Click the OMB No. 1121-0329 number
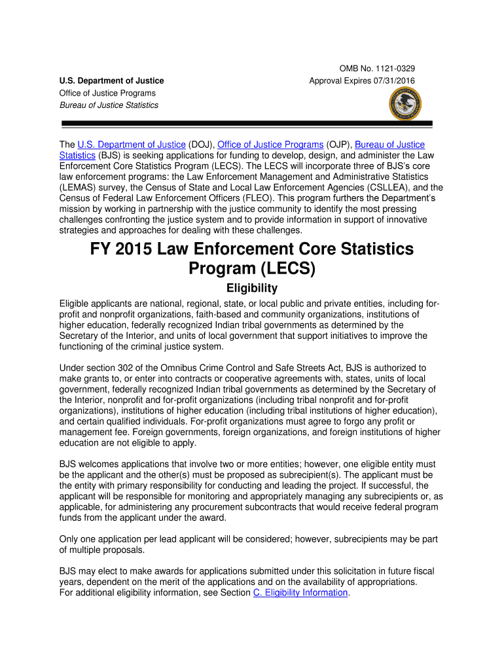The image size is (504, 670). click(x=376, y=69)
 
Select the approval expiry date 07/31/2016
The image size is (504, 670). click(x=393, y=81)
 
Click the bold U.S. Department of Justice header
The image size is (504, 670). click(x=112, y=81)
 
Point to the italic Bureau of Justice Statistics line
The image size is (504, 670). click(x=109, y=105)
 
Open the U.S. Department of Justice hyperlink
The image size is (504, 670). click(x=132, y=145)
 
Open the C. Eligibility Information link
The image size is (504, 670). click(x=300, y=593)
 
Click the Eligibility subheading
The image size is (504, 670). click(x=252, y=289)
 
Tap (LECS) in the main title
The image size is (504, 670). click(x=285, y=269)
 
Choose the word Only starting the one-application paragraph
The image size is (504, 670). click(x=70, y=539)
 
